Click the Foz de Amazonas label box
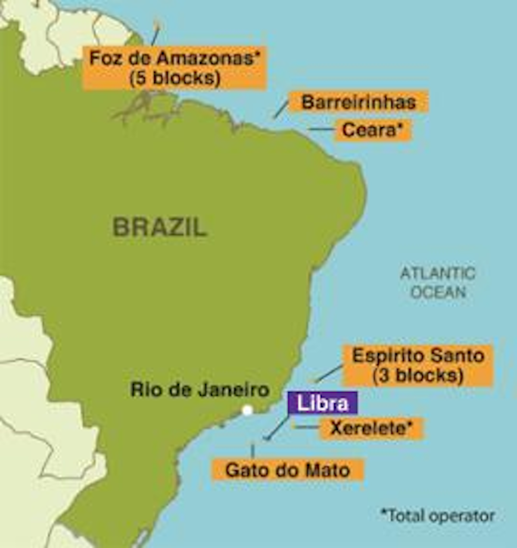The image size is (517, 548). [174, 68]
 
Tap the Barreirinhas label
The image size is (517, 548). [358, 102]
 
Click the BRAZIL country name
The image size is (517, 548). [160, 227]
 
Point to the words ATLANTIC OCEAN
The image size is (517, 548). [438, 282]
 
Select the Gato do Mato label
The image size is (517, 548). [287, 470]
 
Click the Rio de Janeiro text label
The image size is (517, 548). [200, 389]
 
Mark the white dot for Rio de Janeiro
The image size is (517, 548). [247, 410]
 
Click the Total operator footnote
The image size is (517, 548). [438, 515]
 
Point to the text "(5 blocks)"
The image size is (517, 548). [174, 78]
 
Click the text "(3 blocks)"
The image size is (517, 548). [418, 376]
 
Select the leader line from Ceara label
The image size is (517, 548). [322, 129]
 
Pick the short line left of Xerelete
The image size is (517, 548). [306, 427]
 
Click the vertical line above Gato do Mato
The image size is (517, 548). [252, 450]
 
